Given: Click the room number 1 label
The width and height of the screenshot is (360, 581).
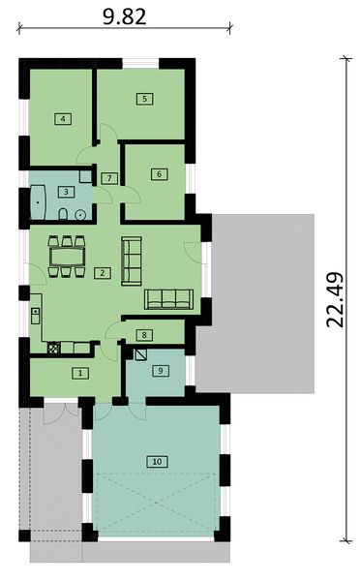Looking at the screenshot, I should (81, 372).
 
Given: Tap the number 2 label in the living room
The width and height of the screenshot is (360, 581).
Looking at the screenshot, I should (101, 273).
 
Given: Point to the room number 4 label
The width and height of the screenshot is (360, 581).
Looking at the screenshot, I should (62, 119).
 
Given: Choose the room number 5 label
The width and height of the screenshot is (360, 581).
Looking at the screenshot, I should (143, 98).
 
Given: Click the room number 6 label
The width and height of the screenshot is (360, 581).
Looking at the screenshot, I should (158, 174).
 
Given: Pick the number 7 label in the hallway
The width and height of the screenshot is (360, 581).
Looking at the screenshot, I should (110, 178).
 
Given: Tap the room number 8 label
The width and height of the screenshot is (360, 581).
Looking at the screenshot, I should (144, 335).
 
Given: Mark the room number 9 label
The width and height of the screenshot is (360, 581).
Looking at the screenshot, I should (160, 370).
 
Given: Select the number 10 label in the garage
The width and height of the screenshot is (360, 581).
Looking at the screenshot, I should (156, 461).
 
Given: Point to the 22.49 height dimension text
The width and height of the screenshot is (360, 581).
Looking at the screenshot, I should (335, 300).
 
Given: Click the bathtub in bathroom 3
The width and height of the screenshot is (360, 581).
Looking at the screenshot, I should (41, 200).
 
